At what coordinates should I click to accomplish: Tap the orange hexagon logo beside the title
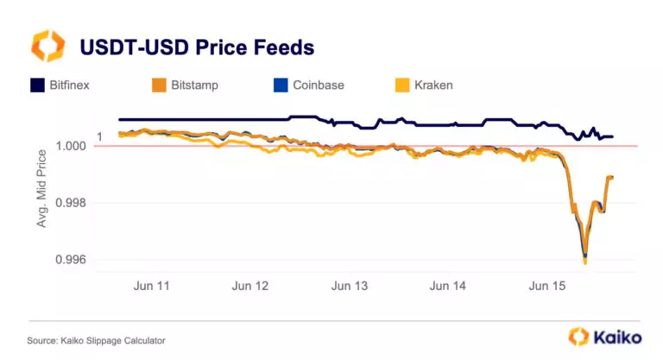47,45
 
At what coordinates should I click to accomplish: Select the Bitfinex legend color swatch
38,85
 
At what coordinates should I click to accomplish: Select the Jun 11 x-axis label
151,285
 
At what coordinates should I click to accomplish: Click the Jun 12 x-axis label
250,285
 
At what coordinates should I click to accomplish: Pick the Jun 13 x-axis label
350,285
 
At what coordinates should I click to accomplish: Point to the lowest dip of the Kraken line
585,262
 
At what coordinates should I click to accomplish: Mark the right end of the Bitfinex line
612,136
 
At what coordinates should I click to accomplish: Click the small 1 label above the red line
99,136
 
